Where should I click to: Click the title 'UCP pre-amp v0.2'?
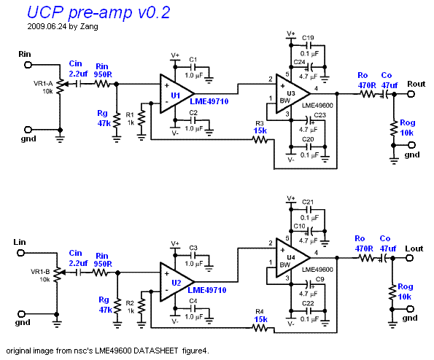click(98, 12)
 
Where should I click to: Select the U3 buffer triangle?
click(292, 94)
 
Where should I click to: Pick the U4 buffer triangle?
click(292, 258)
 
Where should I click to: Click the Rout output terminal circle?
click(411, 94)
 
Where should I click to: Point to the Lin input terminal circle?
click(20, 253)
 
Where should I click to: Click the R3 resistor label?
click(260, 123)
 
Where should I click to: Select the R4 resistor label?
click(260, 312)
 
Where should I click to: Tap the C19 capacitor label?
click(308, 38)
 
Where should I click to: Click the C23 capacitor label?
click(320, 114)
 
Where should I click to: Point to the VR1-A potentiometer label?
click(43, 84)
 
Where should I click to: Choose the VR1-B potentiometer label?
click(40, 272)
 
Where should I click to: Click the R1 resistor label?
click(130, 114)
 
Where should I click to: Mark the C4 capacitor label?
click(193, 300)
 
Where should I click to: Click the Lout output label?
click(414, 249)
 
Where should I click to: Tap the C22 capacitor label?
click(308, 303)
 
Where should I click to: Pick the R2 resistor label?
click(130, 303)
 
